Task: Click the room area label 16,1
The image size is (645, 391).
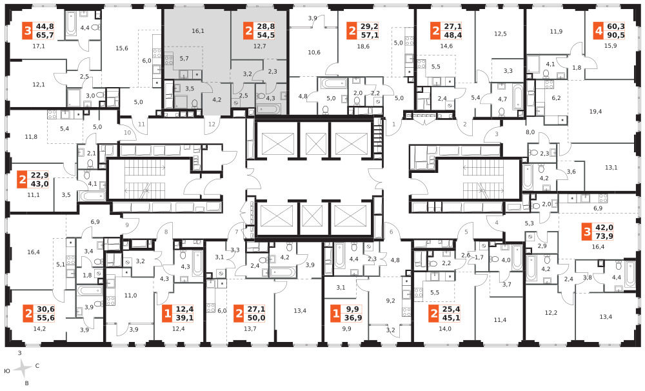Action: [x=198, y=31]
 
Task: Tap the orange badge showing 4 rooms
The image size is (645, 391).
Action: [x=599, y=31]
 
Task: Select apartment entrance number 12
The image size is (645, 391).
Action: [x=212, y=124]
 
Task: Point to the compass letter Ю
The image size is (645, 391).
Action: [x=6, y=371]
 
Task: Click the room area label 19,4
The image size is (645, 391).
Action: [x=595, y=112]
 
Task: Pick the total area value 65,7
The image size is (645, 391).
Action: [x=45, y=35]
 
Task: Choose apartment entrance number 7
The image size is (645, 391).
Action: [x=237, y=232]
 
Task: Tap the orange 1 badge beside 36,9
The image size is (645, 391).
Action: [x=336, y=314]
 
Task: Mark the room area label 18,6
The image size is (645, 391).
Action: [x=363, y=46]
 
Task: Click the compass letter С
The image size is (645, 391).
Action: [x=37, y=365]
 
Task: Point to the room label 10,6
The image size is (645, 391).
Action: [x=314, y=52]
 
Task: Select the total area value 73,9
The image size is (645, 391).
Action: [x=604, y=236]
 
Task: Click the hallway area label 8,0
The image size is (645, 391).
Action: [x=530, y=132]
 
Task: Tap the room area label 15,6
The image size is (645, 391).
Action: [x=122, y=48]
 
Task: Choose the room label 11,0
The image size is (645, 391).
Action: [x=130, y=295]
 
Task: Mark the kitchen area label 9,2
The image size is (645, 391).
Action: [x=390, y=301]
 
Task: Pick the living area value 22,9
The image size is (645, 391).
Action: [x=39, y=175]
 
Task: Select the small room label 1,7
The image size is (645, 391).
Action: [x=479, y=257]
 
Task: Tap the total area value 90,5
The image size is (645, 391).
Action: [x=615, y=35]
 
